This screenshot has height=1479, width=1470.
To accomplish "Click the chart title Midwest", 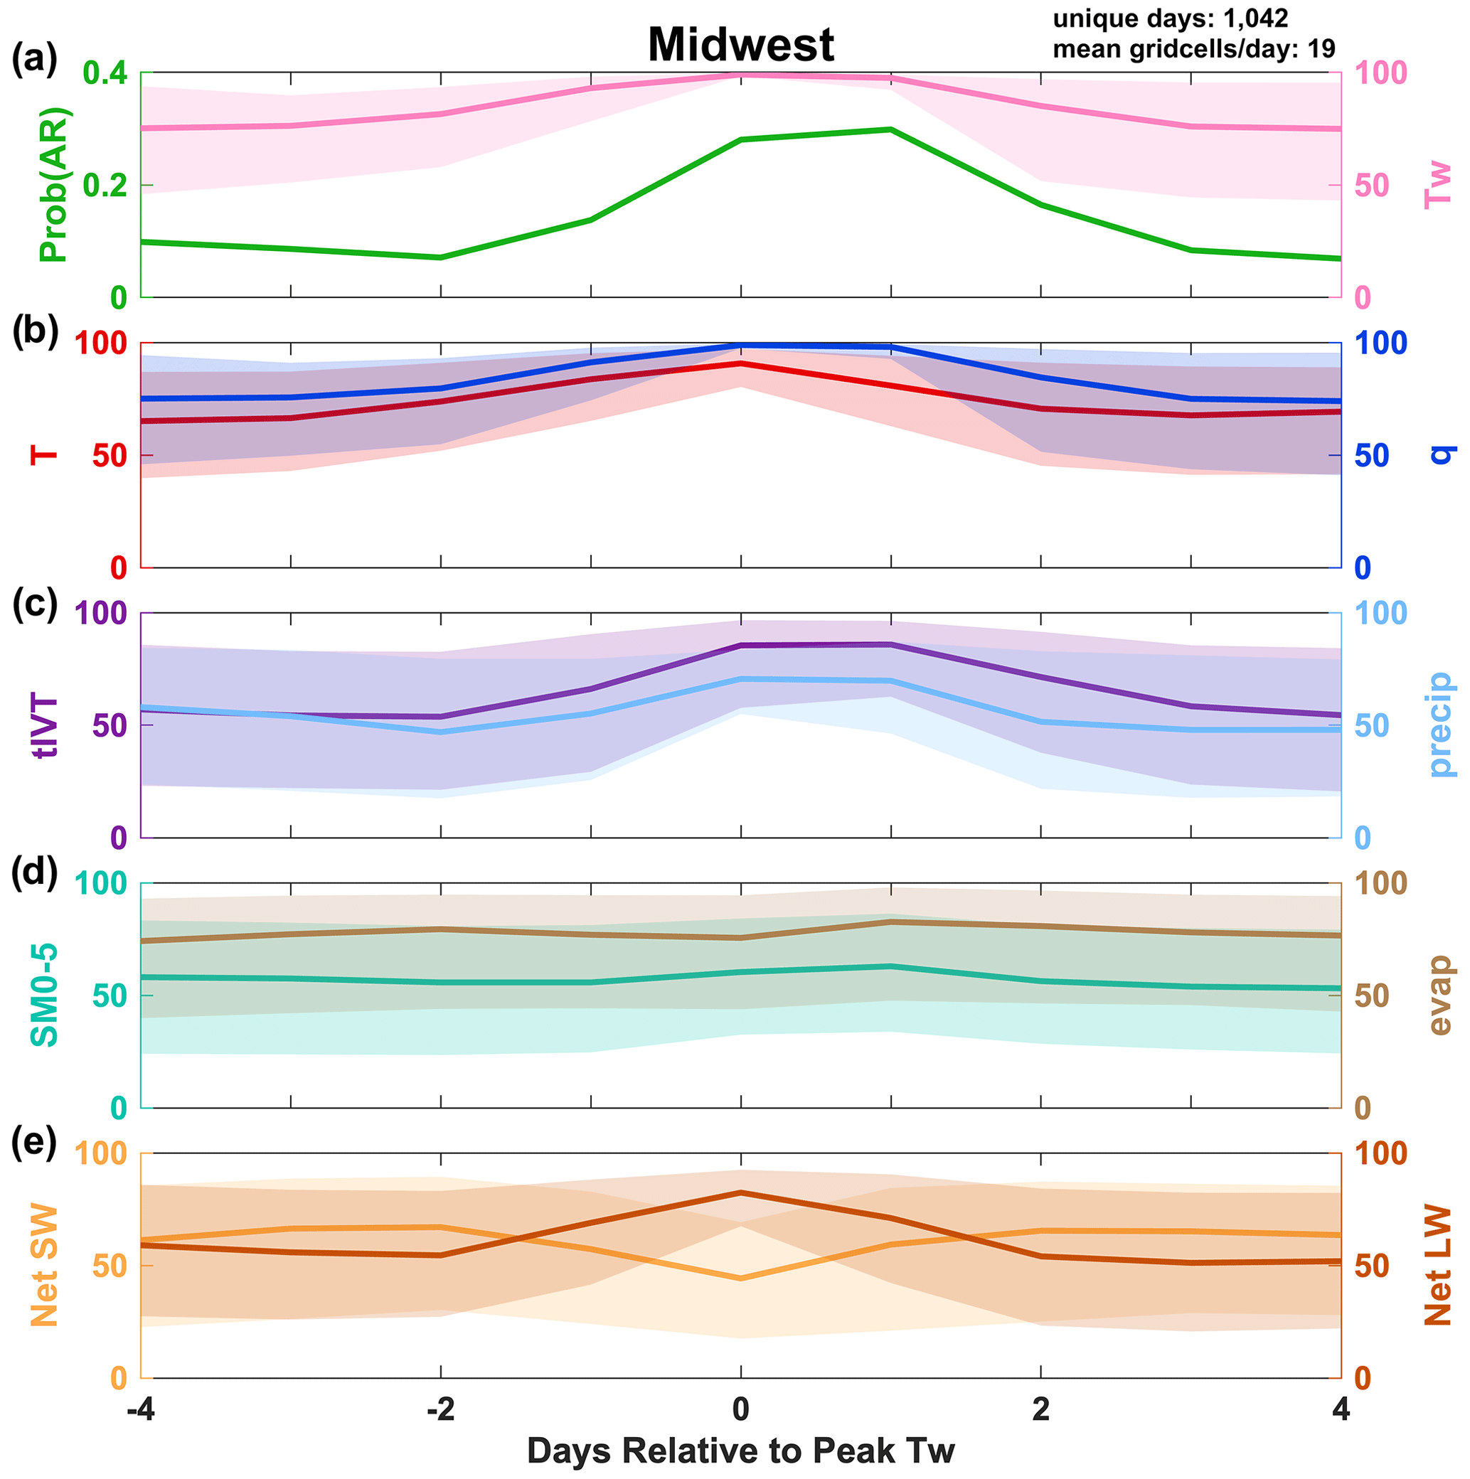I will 740,44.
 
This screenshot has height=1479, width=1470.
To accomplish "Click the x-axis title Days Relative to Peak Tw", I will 740,1451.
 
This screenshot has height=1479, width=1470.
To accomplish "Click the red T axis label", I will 44,455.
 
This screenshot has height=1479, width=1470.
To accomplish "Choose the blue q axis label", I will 1439,455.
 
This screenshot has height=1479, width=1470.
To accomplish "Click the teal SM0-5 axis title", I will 44,995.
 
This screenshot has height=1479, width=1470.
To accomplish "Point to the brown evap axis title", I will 1439,995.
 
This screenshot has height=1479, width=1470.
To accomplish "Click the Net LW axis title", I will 1438,1265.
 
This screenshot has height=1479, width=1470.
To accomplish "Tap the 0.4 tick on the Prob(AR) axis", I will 104,73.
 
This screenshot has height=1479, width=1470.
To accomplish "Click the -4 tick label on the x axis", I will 141,1409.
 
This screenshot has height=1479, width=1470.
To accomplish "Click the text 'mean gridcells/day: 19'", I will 1193,49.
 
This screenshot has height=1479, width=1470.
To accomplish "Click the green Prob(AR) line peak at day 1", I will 890,129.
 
